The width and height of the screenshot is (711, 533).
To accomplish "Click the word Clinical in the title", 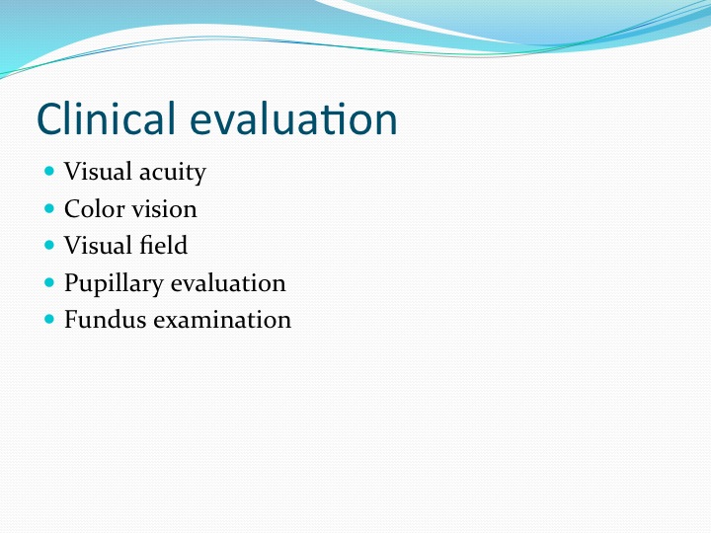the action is point(106,118).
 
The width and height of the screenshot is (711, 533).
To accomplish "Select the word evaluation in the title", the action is point(293,118).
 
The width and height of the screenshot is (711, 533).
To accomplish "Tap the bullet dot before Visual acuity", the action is point(49,171).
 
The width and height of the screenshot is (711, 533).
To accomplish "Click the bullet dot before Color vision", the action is point(49,208).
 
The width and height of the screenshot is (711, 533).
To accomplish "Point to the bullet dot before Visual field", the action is point(49,245).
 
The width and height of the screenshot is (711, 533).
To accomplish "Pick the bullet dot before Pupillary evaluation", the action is point(49,282).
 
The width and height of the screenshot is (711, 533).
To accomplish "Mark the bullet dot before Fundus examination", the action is point(49,319).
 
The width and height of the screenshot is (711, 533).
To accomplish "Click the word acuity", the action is point(172,173).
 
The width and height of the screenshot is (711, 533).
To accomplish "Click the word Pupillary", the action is point(114,284).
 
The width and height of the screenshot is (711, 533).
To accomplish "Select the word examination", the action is point(222,320).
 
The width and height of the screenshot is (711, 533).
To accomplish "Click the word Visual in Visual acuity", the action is point(98,172).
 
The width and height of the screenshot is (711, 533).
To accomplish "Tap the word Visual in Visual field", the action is point(98,245).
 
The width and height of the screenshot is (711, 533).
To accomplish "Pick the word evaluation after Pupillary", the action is point(228,283).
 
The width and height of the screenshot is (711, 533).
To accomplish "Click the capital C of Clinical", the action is point(49,118).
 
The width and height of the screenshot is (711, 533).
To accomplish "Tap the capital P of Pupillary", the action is point(72,282).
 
